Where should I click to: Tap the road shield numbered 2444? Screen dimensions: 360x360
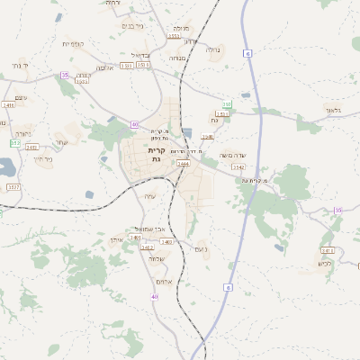pyautogui.click(x=183, y=164)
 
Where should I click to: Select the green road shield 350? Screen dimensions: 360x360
pyautogui.click(x=15, y=143)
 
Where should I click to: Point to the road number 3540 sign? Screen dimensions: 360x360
pyautogui.click(x=208, y=137)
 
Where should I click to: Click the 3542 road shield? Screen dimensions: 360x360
pyautogui.click(x=238, y=167)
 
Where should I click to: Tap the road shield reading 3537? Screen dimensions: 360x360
pyautogui.click(x=13, y=186)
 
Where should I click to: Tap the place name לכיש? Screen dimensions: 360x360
pyautogui.click(x=324, y=264)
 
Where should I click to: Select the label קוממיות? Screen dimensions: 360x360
pyautogui.click(x=73, y=44)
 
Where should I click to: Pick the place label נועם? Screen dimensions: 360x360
pyautogui.click(x=202, y=248)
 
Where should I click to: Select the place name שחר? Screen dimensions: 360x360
pyautogui.click(x=60, y=142)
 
